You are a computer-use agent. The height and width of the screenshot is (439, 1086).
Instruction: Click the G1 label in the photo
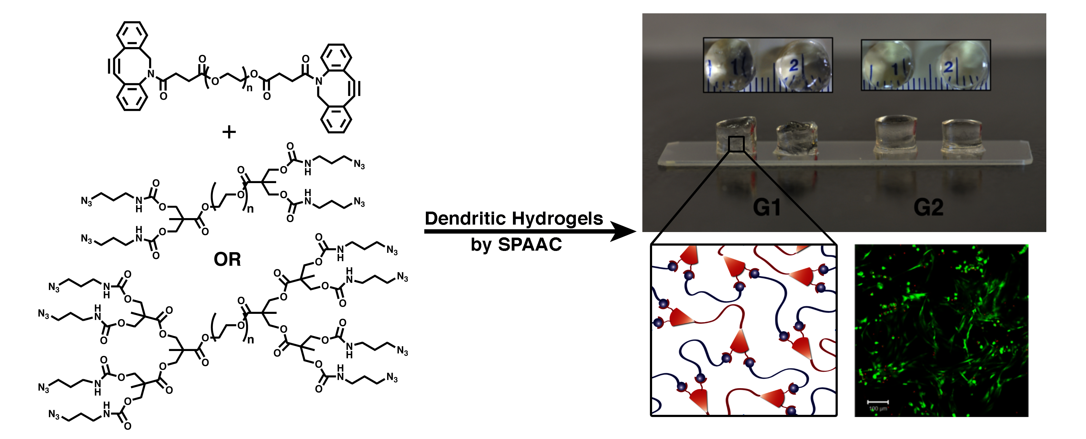click(766, 208)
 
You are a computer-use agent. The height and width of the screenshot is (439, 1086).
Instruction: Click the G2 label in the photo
click(928, 208)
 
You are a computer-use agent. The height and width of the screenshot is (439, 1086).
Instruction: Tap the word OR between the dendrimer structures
click(227, 259)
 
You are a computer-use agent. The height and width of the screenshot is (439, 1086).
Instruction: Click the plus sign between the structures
click(229, 132)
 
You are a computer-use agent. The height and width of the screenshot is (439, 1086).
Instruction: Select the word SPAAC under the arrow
click(530, 245)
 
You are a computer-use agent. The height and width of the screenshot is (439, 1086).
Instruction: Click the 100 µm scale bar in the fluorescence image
click(878, 402)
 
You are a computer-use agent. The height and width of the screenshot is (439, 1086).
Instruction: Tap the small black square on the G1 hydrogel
click(736, 144)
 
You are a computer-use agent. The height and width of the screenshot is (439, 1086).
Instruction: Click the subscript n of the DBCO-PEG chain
click(249, 88)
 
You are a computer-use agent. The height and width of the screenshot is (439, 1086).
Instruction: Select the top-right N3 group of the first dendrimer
click(359, 164)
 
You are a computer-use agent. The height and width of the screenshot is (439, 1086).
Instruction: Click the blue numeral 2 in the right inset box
click(949, 67)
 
